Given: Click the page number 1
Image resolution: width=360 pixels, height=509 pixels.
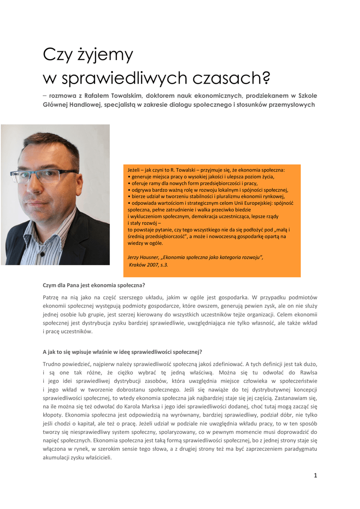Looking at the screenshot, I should coord(315,475).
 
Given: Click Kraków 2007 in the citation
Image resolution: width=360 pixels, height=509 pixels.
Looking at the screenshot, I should coord(144,265).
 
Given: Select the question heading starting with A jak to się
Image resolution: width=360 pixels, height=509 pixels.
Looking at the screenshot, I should coord(122,352).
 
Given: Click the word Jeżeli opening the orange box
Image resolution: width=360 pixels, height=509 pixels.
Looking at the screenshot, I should coord(135,170).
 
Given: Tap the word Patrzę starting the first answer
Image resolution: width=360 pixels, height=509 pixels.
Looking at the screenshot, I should coord(51,297).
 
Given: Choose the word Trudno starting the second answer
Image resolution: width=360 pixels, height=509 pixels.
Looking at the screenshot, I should coord(53,364).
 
